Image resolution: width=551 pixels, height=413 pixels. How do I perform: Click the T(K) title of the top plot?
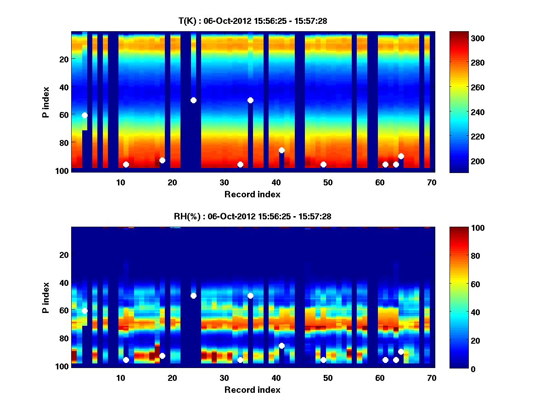pyautogui.click(x=253, y=21)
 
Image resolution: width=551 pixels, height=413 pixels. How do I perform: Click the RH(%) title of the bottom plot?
pyautogui.click(x=253, y=216)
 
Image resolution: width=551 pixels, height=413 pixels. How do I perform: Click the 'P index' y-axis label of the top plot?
pyautogui.click(x=46, y=102)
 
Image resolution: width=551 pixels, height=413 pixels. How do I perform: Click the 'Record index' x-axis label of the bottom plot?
pyautogui.click(x=252, y=390)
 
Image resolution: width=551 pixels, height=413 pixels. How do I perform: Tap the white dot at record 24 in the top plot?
pyautogui.click(x=193, y=100)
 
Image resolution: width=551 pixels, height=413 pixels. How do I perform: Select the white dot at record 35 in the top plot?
pyautogui.click(x=250, y=100)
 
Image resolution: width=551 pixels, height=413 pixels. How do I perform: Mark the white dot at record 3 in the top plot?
pyautogui.click(x=84, y=115)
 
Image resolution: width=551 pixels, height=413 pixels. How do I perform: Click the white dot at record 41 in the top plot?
pyautogui.click(x=281, y=150)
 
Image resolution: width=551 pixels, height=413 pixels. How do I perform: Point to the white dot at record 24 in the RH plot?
pyautogui.click(x=193, y=296)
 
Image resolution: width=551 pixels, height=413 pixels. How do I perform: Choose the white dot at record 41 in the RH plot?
pyautogui.click(x=281, y=346)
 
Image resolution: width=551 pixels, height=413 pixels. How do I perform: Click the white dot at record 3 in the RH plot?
pyautogui.click(x=84, y=311)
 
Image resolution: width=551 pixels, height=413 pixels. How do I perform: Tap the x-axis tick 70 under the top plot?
pyautogui.click(x=432, y=182)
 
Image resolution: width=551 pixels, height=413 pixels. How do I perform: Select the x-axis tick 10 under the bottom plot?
pyautogui.click(x=120, y=378)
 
